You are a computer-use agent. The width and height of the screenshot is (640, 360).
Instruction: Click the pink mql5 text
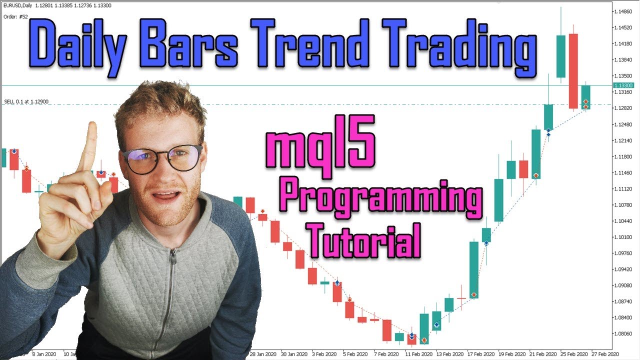pos(320,148)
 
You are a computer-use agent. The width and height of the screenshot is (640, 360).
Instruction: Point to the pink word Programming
pos(380,196)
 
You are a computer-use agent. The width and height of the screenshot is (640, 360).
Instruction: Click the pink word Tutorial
pos(363,239)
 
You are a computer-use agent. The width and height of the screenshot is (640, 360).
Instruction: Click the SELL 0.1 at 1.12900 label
pos(26,101)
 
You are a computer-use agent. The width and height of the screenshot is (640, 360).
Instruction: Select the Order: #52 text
pos(15,16)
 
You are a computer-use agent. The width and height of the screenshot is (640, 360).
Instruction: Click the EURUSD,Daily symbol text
pos(22,6)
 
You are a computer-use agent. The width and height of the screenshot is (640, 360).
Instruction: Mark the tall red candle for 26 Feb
pos(573,71)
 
